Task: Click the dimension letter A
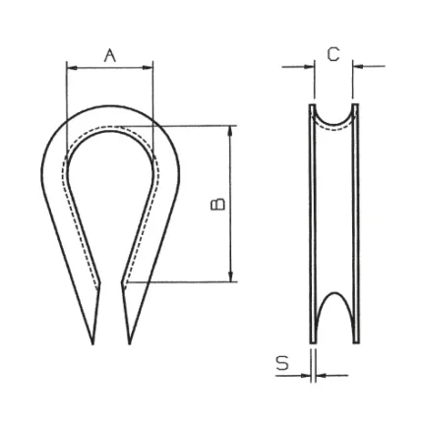tap(110, 55)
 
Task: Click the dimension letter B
tap(217, 204)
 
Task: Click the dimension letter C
tap(333, 54)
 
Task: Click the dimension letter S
tap(282, 363)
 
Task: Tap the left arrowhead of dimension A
tap(72, 68)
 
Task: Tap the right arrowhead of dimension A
tap(148, 68)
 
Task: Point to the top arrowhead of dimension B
tap(230, 131)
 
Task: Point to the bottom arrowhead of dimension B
tap(230, 276)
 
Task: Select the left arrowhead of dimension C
tap(310, 67)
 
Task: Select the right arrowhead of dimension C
tap(358, 67)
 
